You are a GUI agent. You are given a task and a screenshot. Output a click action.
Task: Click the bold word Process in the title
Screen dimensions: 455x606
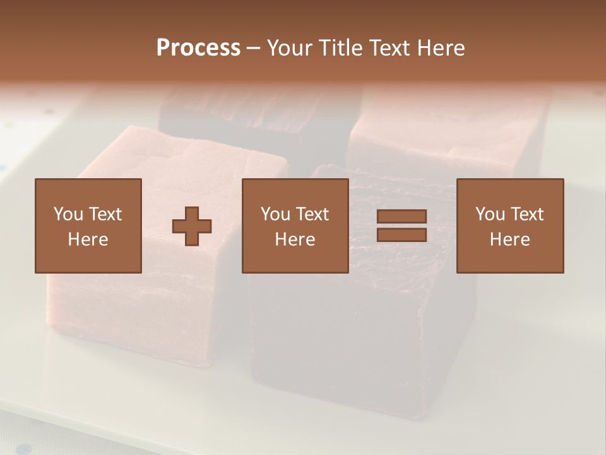pos(198,48)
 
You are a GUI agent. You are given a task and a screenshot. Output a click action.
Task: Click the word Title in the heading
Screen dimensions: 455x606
pos(342,48)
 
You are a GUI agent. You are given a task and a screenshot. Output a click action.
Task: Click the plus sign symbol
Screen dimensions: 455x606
pos(192,226)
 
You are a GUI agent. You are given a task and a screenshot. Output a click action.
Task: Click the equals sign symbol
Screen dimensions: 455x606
pos(401,226)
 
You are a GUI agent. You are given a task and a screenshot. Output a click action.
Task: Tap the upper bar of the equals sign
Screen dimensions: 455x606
pos(401,217)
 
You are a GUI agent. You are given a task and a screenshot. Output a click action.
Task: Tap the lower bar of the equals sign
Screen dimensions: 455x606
pos(401,234)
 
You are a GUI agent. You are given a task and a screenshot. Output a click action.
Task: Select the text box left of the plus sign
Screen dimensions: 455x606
pos(88,226)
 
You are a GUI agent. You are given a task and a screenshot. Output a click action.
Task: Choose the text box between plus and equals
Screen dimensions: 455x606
pos(295,226)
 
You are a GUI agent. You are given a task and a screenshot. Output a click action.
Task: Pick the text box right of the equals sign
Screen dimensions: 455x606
pos(510,226)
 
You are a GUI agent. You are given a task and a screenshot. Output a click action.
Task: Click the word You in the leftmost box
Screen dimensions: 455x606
pos(68,214)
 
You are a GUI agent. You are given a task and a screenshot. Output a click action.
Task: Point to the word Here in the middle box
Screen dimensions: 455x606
pos(295,240)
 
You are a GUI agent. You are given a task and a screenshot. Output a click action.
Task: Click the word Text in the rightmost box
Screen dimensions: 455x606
pos(526,214)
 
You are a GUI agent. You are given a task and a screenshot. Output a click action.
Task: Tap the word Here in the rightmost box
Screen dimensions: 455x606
pos(510,240)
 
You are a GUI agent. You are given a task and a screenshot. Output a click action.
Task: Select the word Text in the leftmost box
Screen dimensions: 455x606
pos(105,214)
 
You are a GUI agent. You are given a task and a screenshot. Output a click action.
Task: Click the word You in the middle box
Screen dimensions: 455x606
pos(275,214)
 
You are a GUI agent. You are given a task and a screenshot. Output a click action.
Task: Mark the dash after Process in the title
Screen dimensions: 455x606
pos(253,48)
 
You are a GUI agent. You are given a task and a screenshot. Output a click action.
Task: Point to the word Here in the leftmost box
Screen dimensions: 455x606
pos(88,240)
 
